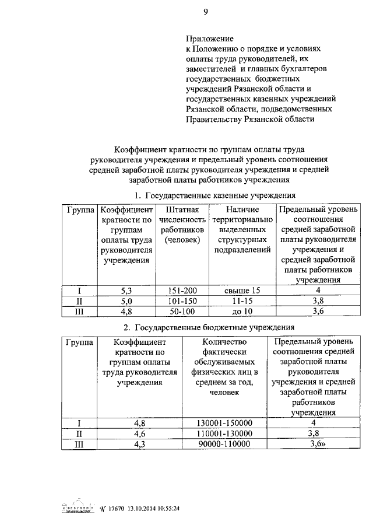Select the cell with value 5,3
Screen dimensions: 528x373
coord(126,291)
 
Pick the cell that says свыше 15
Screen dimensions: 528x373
coord(242,291)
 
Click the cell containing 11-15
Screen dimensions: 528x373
coord(242,301)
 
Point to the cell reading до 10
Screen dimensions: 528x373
coord(242,312)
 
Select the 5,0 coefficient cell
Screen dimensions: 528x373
coord(126,301)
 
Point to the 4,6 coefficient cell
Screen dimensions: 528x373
coord(140,433)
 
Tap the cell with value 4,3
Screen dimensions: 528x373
coord(140,444)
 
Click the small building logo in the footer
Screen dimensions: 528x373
coord(78,509)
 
